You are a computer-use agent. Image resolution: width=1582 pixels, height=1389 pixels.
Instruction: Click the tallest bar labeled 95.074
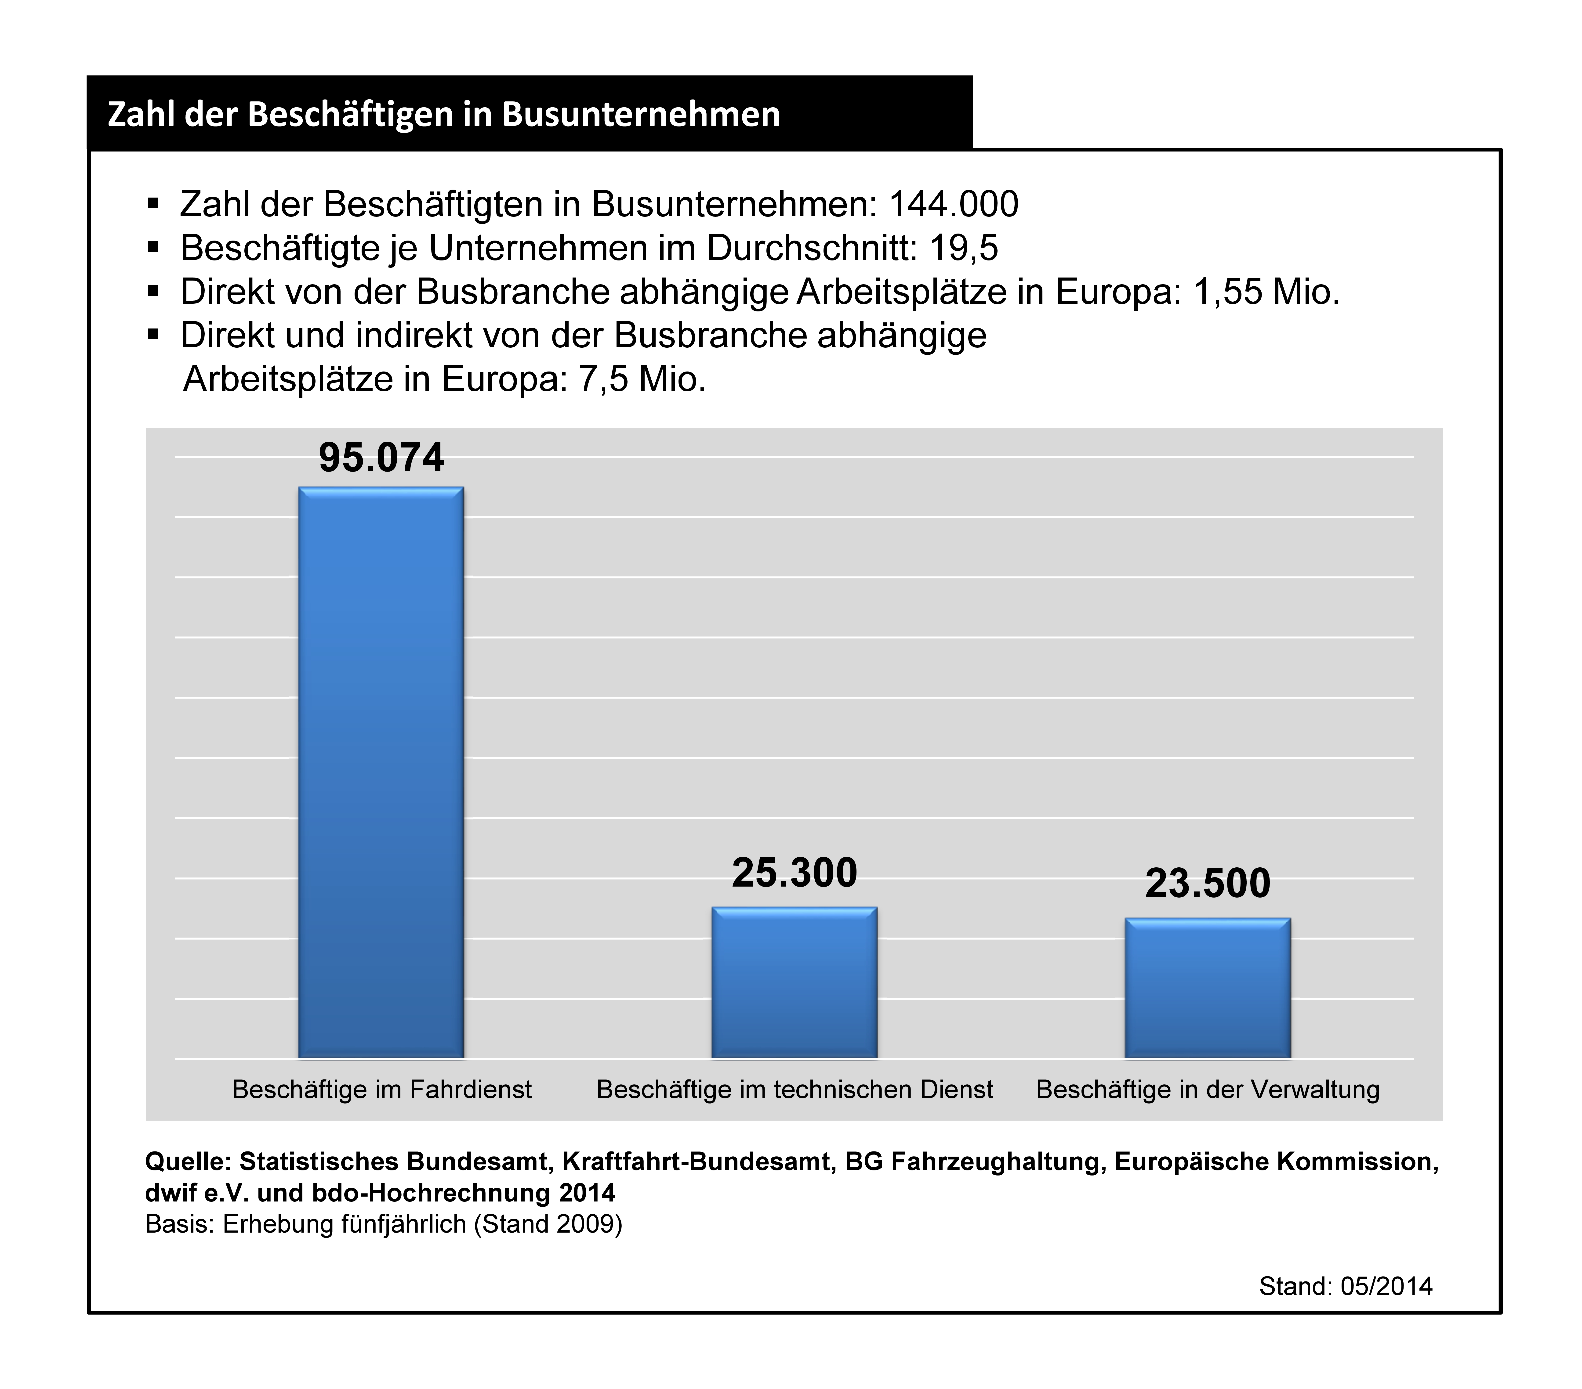(x=381, y=772)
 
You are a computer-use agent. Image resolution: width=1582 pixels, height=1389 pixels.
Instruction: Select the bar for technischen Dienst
(x=794, y=983)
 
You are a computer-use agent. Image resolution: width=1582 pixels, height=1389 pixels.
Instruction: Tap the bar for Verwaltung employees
(x=1207, y=988)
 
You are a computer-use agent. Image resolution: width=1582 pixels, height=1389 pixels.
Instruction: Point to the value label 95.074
(x=381, y=457)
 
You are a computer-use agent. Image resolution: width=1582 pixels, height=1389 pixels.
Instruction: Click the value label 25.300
(x=795, y=873)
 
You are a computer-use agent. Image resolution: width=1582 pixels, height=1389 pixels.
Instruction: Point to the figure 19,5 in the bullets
(x=964, y=248)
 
